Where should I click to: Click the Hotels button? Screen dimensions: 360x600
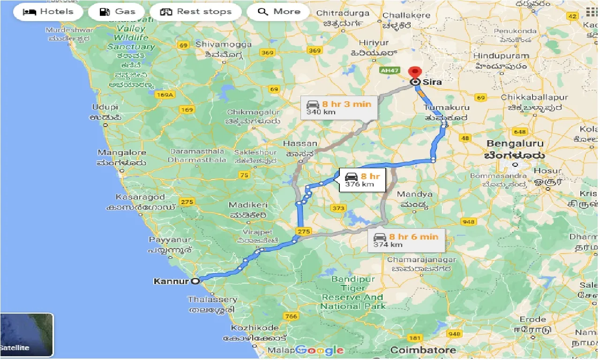(x=48, y=12)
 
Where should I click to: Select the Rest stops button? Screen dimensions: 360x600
(x=196, y=12)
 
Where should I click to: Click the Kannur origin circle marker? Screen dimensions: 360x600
(x=196, y=281)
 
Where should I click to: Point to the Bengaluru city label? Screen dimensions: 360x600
(x=515, y=143)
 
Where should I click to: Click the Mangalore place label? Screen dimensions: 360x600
(x=121, y=153)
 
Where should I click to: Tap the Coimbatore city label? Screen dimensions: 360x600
(x=423, y=350)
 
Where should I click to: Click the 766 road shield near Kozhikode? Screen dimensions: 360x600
(x=291, y=316)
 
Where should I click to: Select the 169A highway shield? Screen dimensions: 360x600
(x=165, y=95)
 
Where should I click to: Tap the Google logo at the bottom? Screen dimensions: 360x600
(x=319, y=350)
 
